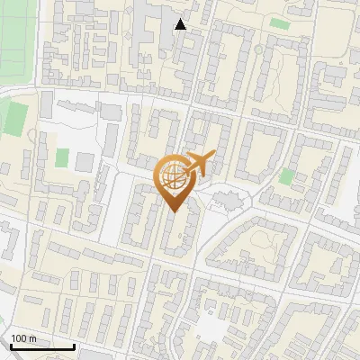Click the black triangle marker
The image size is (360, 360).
[181, 24]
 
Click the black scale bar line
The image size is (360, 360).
[42, 346]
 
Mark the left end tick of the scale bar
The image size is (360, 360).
[11, 345]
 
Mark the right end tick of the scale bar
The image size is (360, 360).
[74, 345]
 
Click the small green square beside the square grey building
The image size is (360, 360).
[62, 157]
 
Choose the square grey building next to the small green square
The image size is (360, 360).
[84, 163]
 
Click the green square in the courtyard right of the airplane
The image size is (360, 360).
[286, 175]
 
